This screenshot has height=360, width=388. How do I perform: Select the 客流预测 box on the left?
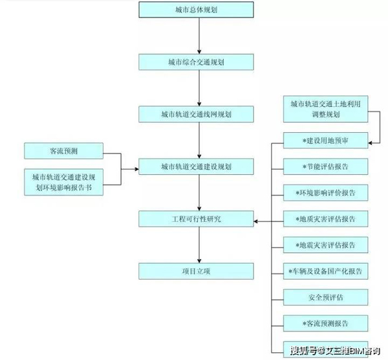(x=63, y=152)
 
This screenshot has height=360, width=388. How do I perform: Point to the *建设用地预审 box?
(x=326, y=141)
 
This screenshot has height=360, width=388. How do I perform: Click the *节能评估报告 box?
(x=326, y=166)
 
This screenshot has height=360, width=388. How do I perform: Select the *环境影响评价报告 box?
(x=326, y=192)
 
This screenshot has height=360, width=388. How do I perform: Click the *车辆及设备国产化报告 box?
(x=326, y=271)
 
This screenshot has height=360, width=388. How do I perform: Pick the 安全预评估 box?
(x=326, y=297)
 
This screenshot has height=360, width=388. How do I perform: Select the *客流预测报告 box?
(x=326, y=323)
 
